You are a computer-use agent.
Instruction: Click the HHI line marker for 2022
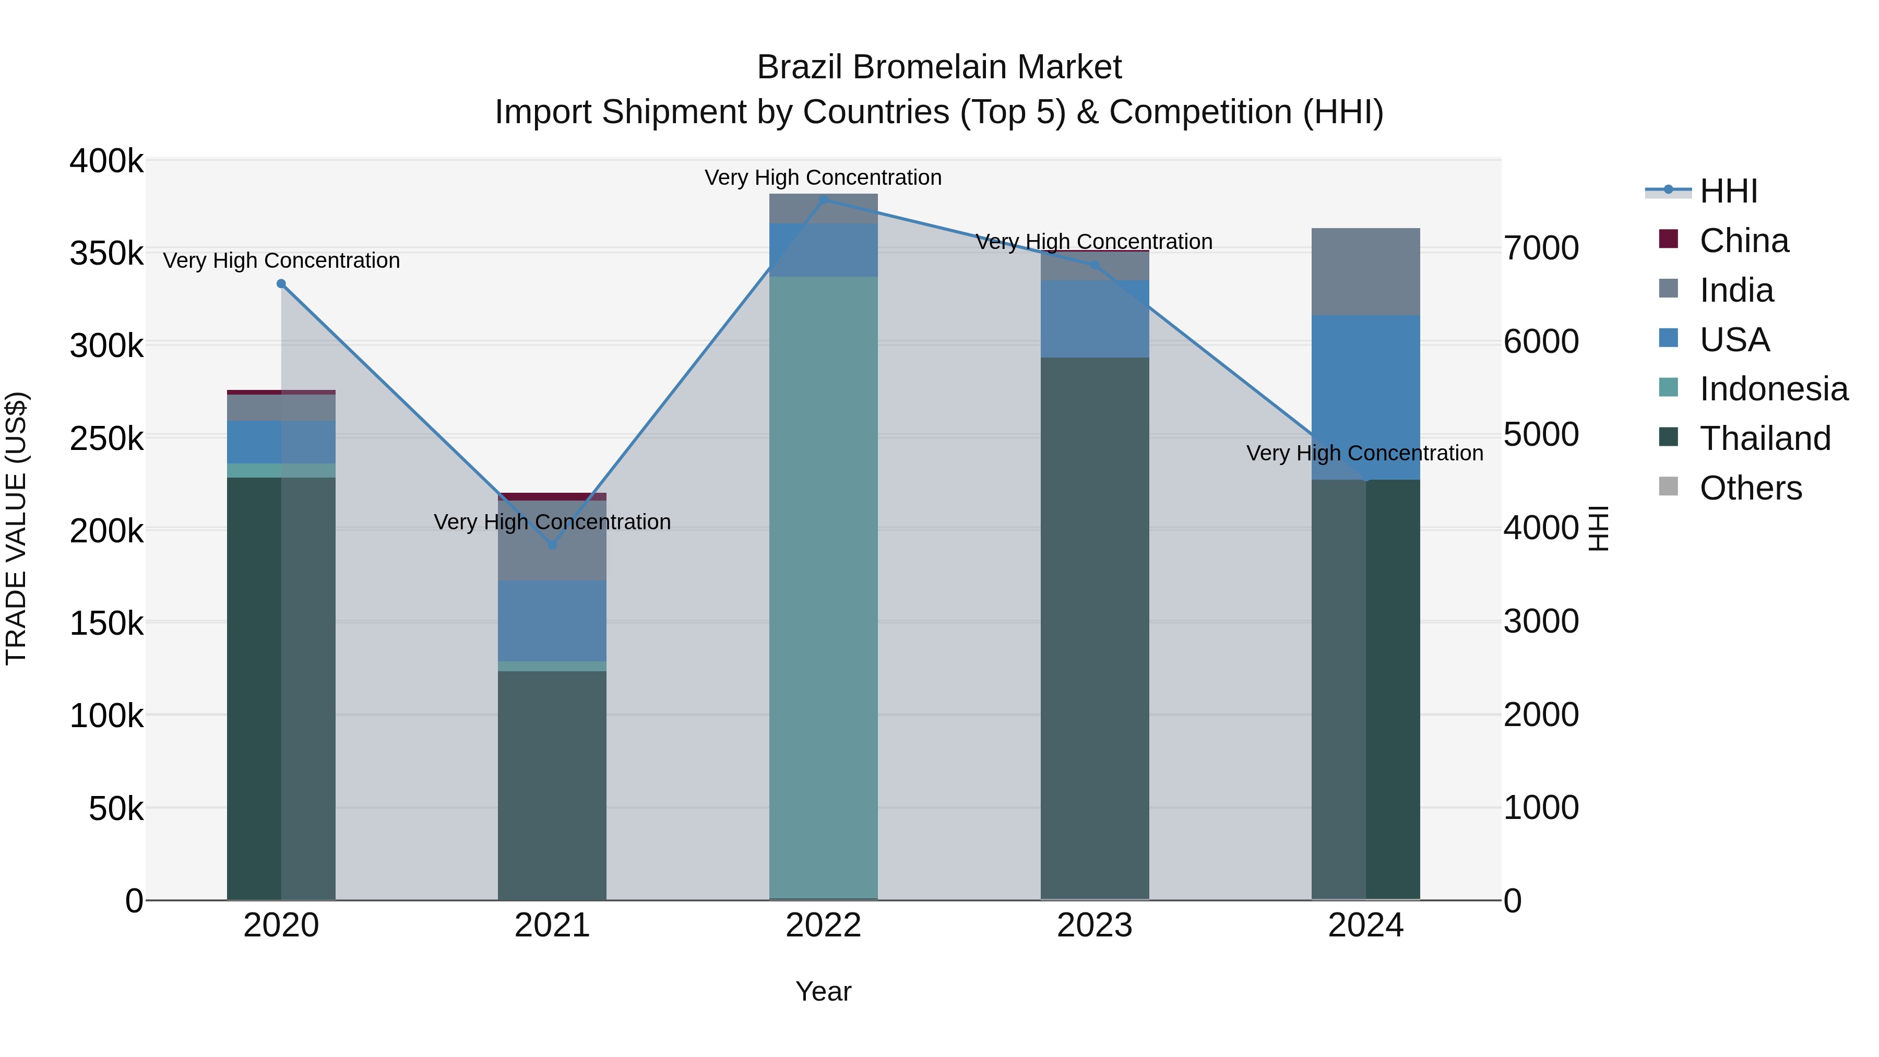click(x=824, y=199)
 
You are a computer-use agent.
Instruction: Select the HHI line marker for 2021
click(x=552, y=545)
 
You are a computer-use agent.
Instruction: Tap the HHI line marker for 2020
click(x=281, y=284)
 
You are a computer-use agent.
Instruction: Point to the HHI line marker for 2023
click(x=1094, y=266)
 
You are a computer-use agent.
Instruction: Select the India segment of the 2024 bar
click(x=1365, y=271)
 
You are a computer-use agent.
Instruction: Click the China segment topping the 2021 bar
click(x=552, y=497)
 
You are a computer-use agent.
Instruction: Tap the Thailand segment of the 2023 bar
click(x=1094, y=627)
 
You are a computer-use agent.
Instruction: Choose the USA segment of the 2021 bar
click(x=552, y=621)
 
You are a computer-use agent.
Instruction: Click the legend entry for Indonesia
click(x=1773, y=389)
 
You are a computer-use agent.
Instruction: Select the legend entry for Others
click(x=1750, y=488)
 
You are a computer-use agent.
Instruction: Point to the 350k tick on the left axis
click(x=106, y=254)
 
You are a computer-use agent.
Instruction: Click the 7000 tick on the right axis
click(x=1541, y=248)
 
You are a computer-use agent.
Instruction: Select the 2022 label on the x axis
click(x=824, y=925)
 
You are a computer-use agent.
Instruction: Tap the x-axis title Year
click(x=824, y=991)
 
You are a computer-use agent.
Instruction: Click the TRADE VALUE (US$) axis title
click(x=16, y=528)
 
